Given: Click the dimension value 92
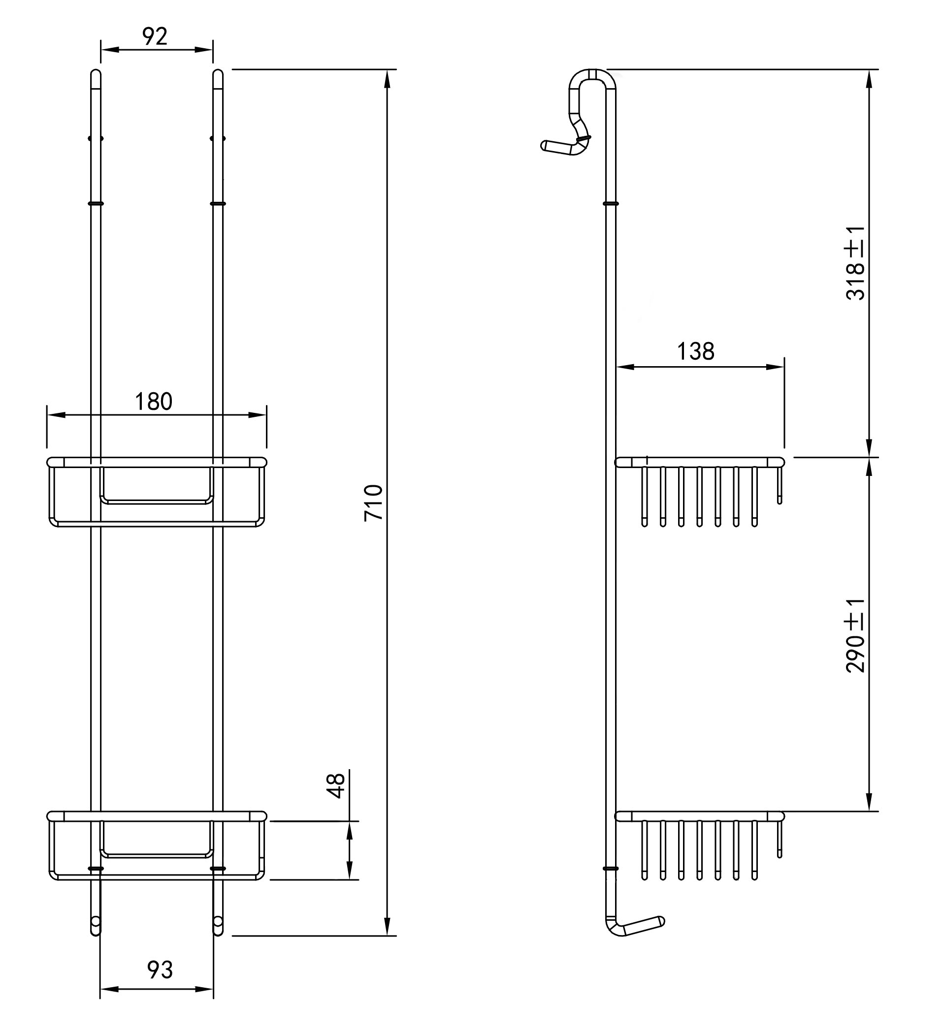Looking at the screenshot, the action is pos(155,36).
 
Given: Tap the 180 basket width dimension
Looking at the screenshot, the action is pos(154,402).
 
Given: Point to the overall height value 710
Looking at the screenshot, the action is pos(373,502).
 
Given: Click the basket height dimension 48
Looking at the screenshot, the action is pos(336,786).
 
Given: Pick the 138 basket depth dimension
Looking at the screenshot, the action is pos(696,352).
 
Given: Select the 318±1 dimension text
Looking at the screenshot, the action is pos(855,263).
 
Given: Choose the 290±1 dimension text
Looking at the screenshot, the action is pos(855,635).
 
